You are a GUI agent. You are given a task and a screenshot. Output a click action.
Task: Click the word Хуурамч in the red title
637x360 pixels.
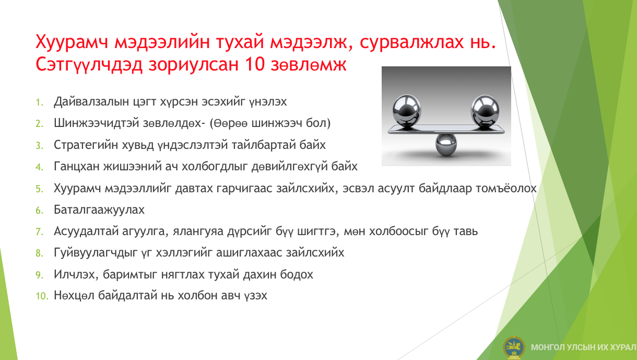[x=72, y=42]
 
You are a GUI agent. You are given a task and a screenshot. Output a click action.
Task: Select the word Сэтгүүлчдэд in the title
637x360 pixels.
[x=89, y=65]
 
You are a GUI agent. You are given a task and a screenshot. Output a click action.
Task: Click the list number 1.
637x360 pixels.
[x=39, y=102]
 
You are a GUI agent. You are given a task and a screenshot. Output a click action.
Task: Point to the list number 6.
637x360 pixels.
[x=39, y=211]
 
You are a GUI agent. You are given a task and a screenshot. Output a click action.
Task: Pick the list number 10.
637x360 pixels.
[x=42, y=296]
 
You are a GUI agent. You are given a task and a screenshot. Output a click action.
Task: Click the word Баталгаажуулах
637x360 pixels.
[x=99, y=210]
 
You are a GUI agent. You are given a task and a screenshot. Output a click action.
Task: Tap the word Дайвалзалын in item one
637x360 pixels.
[x=91, y=101]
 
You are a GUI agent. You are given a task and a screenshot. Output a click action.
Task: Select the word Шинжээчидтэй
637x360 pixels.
[x=97, y=123]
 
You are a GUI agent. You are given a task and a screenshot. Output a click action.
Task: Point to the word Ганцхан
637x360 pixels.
[x=77, y=166]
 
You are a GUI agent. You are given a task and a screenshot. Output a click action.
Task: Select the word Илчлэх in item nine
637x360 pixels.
[x=76, y=275]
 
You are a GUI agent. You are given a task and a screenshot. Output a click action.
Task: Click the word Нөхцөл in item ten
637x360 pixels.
[x=74, y=296]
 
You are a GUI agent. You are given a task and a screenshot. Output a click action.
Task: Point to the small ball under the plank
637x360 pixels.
[x=446, y=145]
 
